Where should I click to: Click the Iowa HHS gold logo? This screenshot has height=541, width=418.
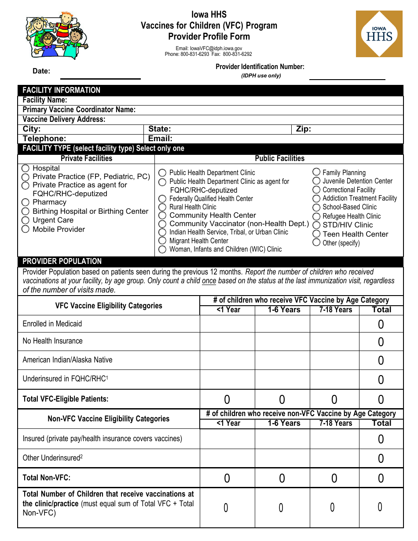(379, 34)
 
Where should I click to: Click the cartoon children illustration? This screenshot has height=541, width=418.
(57, 35)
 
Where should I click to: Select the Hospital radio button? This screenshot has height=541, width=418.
(26, 168)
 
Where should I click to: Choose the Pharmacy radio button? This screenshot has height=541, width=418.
(26, 202)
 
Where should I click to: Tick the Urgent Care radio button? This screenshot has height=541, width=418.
(26, 220)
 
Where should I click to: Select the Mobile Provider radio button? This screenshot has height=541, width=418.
(26, 229)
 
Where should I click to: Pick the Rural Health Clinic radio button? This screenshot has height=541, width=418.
(162, 207)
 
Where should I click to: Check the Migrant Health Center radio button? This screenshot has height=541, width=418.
(162, 241)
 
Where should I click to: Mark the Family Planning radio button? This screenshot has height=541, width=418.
(316, 172)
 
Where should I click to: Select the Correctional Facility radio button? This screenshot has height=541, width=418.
(316, 190)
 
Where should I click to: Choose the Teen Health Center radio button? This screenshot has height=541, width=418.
(316, 234)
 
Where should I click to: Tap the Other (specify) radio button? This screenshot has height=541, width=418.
(316, 242)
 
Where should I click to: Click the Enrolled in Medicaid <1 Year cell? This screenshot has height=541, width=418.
(227, 324)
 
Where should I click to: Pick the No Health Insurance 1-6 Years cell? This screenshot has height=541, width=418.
(282, 341)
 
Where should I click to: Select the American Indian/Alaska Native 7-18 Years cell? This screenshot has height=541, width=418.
(334, 360)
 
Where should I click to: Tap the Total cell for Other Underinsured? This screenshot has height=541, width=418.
(381, 458)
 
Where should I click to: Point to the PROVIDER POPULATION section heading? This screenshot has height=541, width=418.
(62, 261)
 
